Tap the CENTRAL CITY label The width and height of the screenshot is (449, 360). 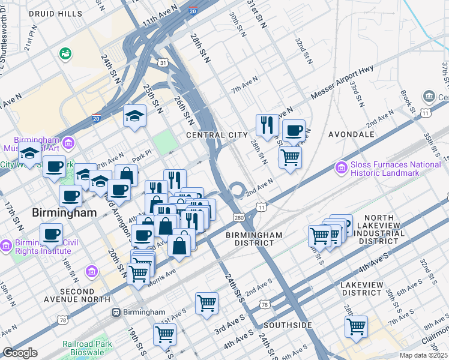pos(217,135)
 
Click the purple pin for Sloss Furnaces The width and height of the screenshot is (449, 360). pos(341,166)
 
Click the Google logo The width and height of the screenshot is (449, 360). pos(20,353)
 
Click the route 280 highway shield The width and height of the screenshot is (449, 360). pos(239,217)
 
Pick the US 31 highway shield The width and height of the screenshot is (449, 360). pos(163,62)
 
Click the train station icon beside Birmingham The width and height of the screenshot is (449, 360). pos(116,312)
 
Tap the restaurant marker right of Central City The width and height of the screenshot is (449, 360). pos(267,125)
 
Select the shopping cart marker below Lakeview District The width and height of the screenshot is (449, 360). pos(356,327)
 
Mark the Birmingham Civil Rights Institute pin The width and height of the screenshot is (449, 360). pos(5,246)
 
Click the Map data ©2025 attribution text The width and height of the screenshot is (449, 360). pos(424,355)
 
